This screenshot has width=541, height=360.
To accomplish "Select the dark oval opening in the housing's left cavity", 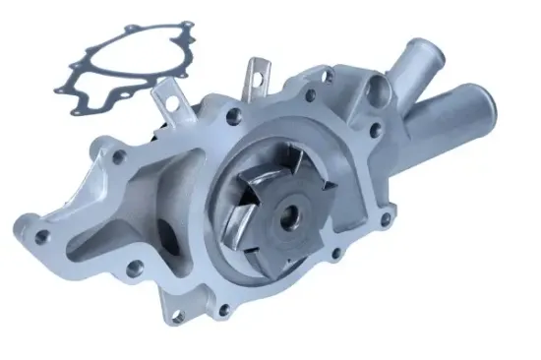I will click(x=168, y=239).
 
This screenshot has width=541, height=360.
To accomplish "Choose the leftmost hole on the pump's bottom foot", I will click(x=177, y=318).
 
